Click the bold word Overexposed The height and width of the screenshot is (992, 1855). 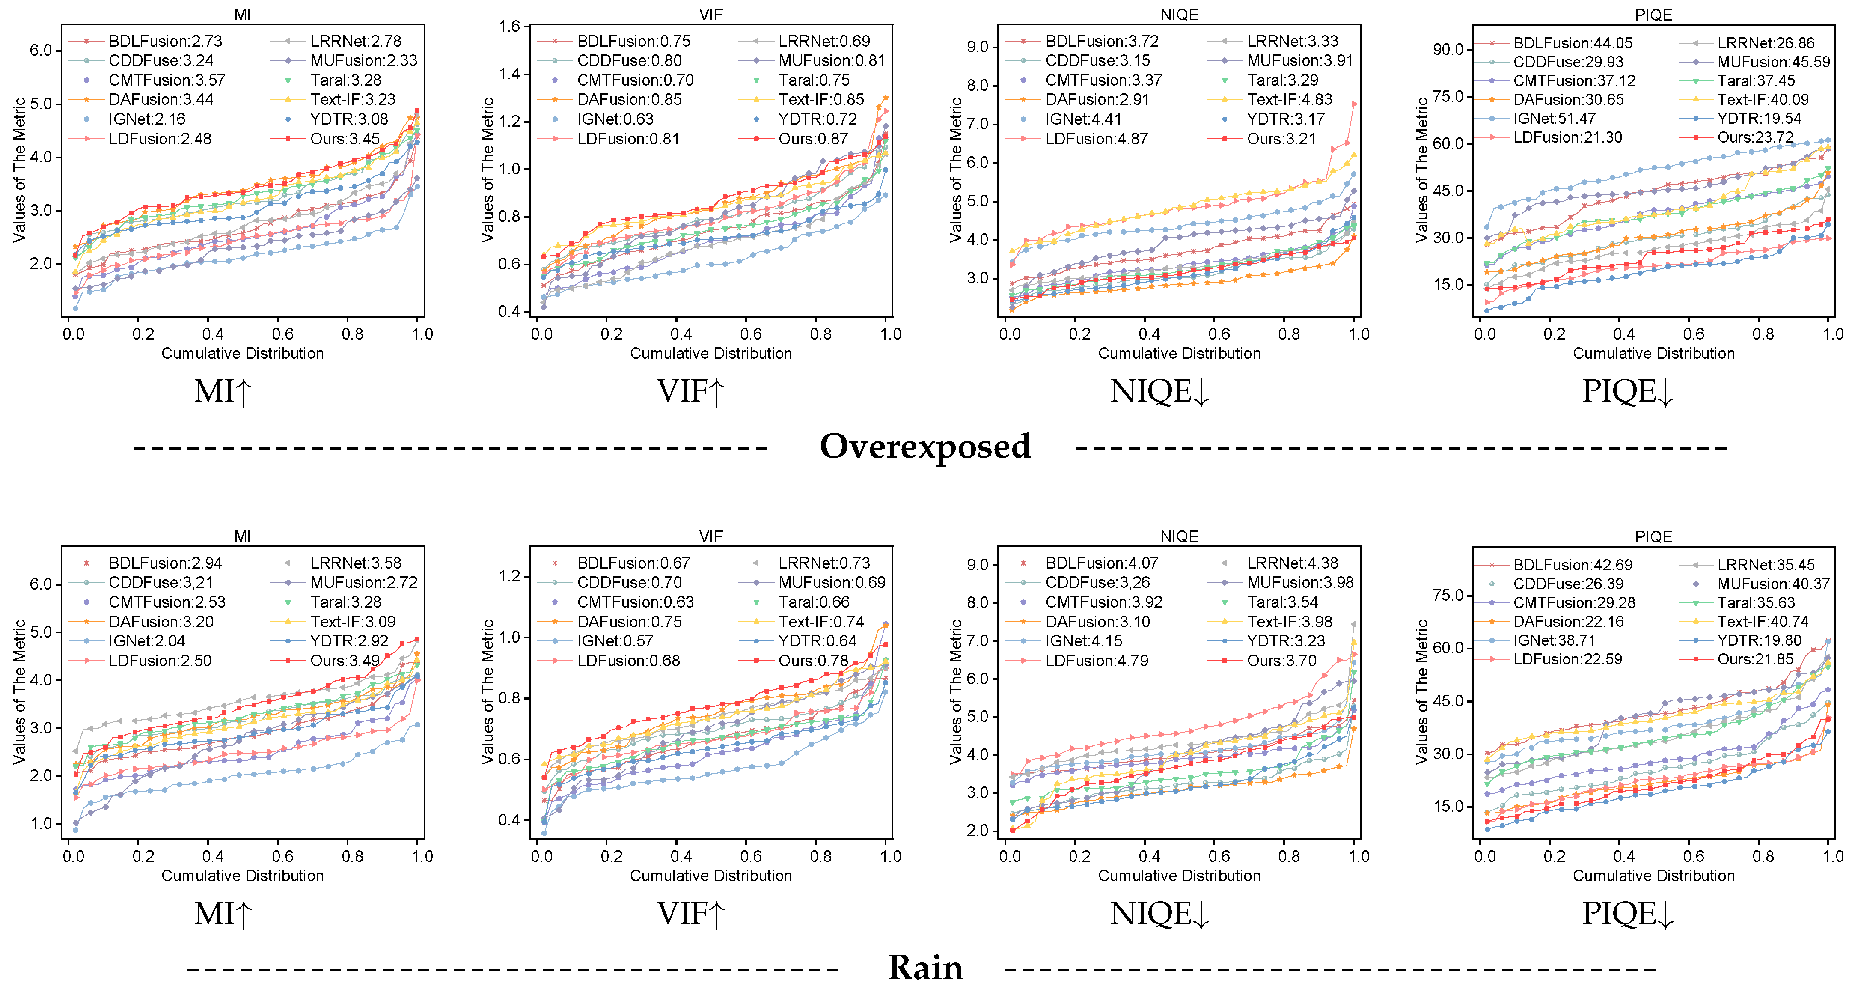coord(925,447)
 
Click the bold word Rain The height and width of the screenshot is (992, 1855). coord(925,968)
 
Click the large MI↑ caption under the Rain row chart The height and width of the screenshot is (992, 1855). coord(223,914)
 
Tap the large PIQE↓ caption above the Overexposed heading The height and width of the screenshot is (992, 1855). coord(1627,392)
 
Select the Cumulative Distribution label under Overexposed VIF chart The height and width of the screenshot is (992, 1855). coord(711,353)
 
